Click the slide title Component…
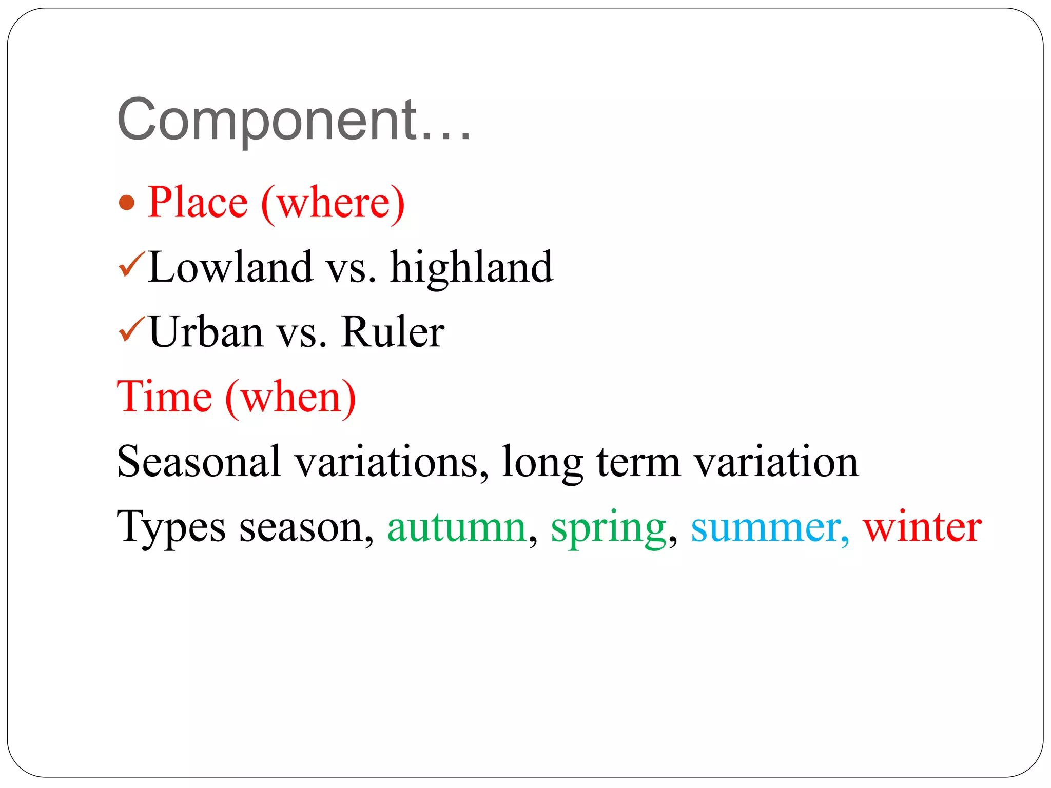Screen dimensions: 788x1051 [x=294, y=120]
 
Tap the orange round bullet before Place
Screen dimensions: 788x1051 [x=127, y=203]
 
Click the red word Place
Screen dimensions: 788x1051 [x=198, y=202]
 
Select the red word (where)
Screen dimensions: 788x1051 [x=333, y=203]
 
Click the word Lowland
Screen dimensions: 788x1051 [x=230, y=267]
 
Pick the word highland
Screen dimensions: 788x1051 [x=472, y=268]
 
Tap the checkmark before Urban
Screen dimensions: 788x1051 [x=132, y=329]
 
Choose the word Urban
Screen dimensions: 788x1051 [x=206, y=332]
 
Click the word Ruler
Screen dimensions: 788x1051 [x=393, y=332]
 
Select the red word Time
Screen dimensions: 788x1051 [x=165, y=397]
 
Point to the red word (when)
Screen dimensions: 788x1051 [x=290, y=398]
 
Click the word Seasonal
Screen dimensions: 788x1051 [x=199, y=461]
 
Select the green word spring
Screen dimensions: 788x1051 [x=609, y=528]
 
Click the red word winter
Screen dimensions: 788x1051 [x=922, y=527]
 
